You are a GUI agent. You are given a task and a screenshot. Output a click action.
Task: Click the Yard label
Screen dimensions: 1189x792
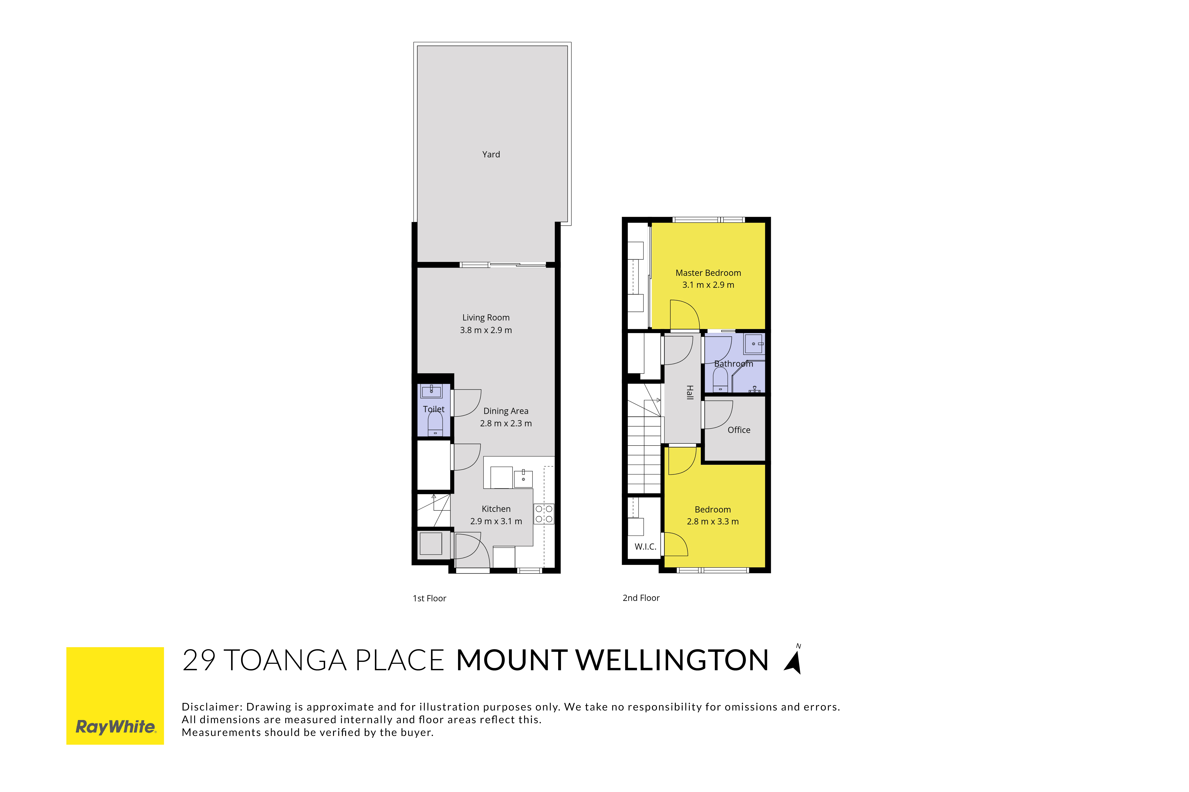tap(491, 155)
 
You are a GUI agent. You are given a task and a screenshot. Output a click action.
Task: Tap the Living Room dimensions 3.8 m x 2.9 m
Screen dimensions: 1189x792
tap(486, 330)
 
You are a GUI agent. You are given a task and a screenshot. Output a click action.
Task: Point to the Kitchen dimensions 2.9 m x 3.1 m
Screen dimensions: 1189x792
tap(496, 521)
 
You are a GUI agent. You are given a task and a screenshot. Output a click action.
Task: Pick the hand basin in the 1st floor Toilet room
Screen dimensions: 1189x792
tap(431, 391)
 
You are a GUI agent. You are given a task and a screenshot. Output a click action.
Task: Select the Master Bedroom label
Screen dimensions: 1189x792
tap(708, 273)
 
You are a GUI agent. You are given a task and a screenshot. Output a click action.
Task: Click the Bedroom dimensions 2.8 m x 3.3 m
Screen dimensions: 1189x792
tap(713, 522)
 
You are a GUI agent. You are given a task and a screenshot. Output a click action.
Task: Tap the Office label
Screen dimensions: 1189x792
tap(739, 430)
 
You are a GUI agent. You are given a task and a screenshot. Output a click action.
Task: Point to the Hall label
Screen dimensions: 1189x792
tap(690, 392)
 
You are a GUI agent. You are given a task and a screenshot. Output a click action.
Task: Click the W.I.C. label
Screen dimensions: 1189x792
tap(646, 546)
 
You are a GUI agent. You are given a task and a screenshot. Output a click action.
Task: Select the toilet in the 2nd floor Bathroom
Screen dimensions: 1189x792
tap(720, 380)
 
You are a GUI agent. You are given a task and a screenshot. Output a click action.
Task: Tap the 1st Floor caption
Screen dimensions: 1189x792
tap(429, 599)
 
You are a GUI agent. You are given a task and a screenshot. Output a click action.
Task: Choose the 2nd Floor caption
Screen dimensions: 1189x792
tap(641, 598)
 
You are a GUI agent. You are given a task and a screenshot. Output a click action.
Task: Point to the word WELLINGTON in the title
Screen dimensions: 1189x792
tap(672, 661)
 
